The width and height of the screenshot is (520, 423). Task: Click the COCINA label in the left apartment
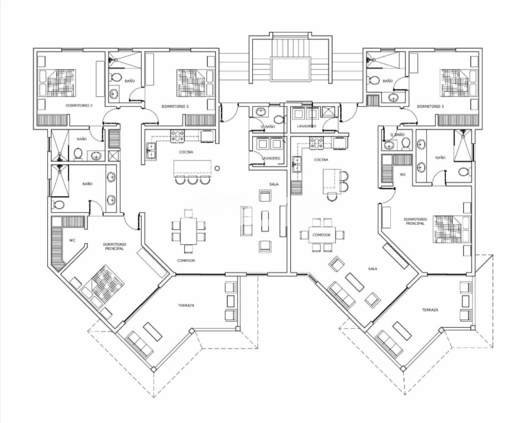(186, 152)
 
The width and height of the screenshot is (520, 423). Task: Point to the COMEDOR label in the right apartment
(321, 235)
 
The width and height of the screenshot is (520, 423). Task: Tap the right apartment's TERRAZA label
(430, 310)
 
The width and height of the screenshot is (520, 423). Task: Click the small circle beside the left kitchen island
(217, 168)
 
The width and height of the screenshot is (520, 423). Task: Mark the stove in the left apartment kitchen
(178, 136)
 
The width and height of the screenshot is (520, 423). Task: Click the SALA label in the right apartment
(373, 269)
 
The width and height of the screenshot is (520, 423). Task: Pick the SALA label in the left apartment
(274, 184)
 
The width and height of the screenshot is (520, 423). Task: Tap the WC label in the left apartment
(72, 240)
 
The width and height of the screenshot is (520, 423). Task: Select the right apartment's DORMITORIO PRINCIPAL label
(414, 221)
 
